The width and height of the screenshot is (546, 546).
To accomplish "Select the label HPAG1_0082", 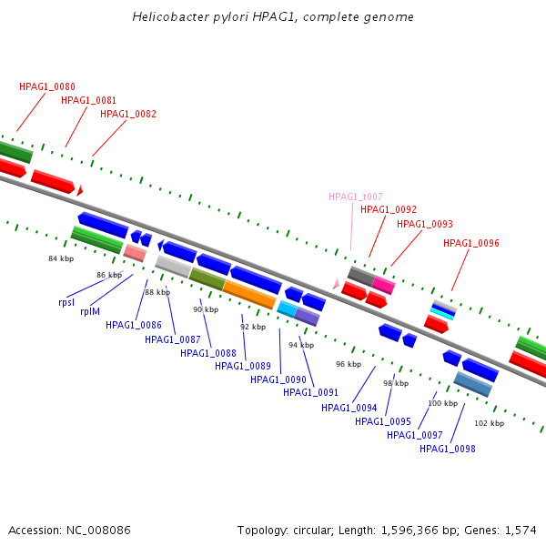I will coord(128,115).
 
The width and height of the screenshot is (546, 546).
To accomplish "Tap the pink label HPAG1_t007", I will coord(356,197).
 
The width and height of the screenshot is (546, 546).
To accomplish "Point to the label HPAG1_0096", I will coord(471,243).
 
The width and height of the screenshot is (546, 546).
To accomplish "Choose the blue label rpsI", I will coord(66,302).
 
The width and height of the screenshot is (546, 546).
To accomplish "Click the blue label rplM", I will coord(90,311).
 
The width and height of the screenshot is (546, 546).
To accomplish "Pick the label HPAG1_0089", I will coord(243,366).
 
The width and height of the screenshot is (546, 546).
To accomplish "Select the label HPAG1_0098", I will coord(447,449).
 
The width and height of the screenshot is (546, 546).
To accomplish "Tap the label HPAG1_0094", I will coord(349,408).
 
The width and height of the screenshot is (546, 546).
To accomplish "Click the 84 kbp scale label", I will coord(60,259).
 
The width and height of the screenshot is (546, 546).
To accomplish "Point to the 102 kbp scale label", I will coord(490,423).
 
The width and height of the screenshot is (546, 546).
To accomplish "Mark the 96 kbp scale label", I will coord(349,364).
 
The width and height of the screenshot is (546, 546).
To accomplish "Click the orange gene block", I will coord(249,294).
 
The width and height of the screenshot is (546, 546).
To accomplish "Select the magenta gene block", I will coord(383,284).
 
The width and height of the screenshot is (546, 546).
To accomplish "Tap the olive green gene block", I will coord(207,279).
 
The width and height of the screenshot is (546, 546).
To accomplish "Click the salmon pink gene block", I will coord(135,252).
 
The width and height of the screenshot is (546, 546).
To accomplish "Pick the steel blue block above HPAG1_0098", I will coord(473,384).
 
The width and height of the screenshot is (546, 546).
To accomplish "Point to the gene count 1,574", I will coord(521,530).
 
